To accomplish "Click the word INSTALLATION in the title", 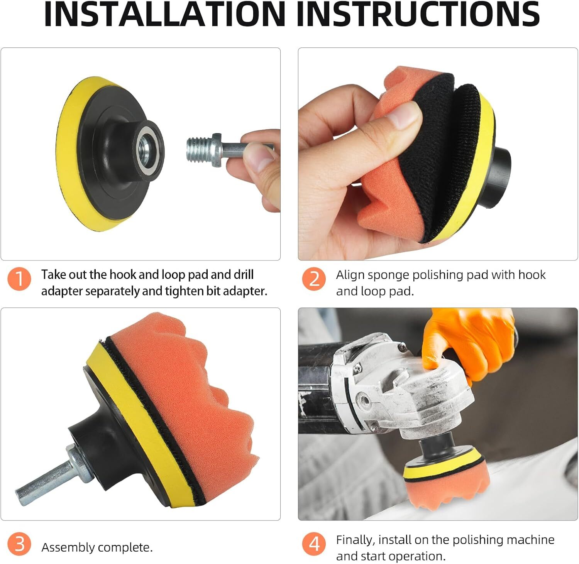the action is (165, 14).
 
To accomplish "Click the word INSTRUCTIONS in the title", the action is (418, 14).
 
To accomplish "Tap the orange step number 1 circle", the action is (19, 279).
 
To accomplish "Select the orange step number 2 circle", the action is (314, 279).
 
